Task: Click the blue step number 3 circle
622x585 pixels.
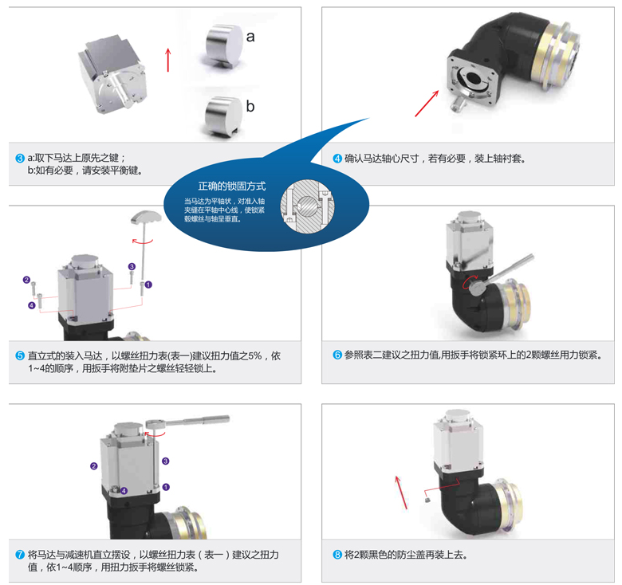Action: [x=20, y=158]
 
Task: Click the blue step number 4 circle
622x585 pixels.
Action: [x=337, y=158]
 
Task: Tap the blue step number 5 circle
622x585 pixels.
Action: [x=20, y=356]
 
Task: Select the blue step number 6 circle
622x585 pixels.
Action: [x=337, y=355]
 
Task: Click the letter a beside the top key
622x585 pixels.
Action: [x=250, y=37]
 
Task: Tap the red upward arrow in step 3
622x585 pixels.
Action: [x=168, y=60]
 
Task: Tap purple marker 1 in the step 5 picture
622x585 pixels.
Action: [x=148, y=284]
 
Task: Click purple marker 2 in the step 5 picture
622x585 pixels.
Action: [x=26, y=280]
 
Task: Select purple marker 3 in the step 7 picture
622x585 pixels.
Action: [x=166, y=461]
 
